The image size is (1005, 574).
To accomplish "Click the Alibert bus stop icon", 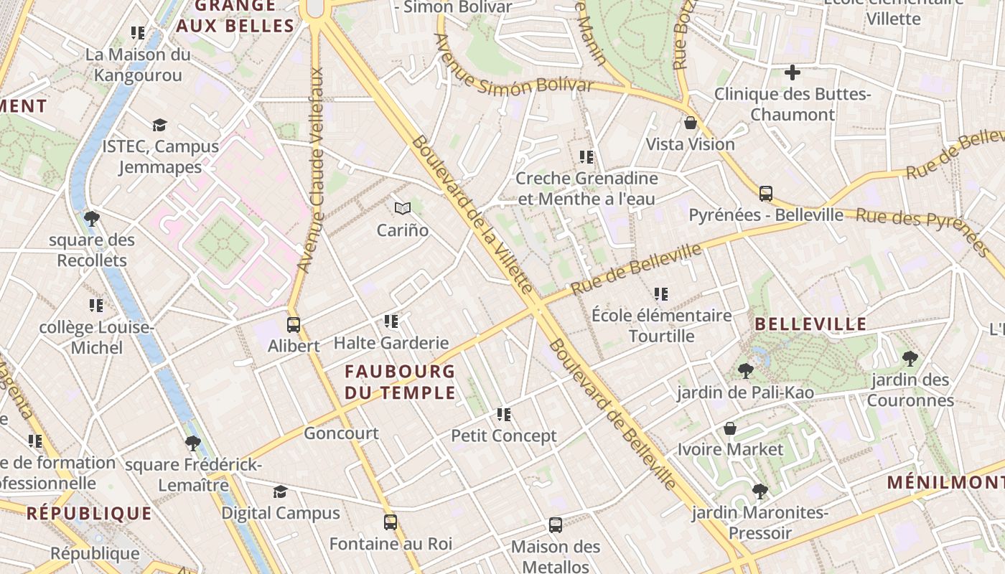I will tap(293, 324).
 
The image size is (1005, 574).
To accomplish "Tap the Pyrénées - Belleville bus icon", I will tap(766, 193).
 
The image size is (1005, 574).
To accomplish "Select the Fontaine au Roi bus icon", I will tap(391, 522).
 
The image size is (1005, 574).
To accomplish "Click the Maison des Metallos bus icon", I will tap(556, 525).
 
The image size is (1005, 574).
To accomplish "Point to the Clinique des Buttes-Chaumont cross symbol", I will tap(793, 72).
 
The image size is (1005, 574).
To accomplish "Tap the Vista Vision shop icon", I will tap(691, 123).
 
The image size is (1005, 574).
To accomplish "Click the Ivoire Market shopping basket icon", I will tap(730, 428).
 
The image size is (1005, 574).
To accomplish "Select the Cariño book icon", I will tap(403, 209).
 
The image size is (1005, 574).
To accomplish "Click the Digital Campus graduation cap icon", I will tap(280, 491).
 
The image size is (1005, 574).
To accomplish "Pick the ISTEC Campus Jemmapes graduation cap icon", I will tap(159, 125).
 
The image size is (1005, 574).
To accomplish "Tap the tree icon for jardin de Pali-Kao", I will tap(746, 371).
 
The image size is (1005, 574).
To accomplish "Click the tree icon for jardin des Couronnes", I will tap(910, 358).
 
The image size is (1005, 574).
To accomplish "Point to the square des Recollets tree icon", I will tap(91, 218).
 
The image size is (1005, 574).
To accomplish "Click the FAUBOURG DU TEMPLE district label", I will tap(400, 382).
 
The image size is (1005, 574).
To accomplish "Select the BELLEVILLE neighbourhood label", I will tap(810, 324).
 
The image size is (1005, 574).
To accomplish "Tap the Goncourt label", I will tap(341, 433).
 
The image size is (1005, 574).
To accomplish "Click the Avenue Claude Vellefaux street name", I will tap(311, 170).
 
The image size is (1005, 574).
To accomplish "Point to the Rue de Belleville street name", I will tap(636, 269).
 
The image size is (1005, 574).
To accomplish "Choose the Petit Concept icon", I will tap(504, 415).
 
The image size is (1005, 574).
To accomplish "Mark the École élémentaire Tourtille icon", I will tap(661, 294).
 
